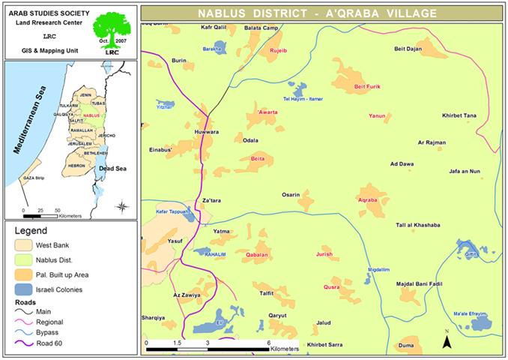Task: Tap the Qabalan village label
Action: coord(257,256)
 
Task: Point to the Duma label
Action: coord(406,345)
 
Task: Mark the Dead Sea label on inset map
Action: coord(114,169)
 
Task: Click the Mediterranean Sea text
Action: coord(28,120)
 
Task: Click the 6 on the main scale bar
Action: coord(269,341)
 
